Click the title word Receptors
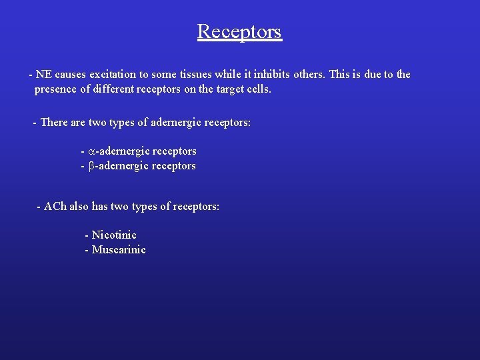point(239,31)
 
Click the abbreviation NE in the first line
point(45,75)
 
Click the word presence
point(55,89)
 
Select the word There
point(54,123)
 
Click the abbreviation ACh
point(55,207)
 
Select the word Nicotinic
point(114,235)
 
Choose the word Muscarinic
point(119,250)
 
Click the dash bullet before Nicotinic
point(87,235)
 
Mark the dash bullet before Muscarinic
point(87,250)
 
